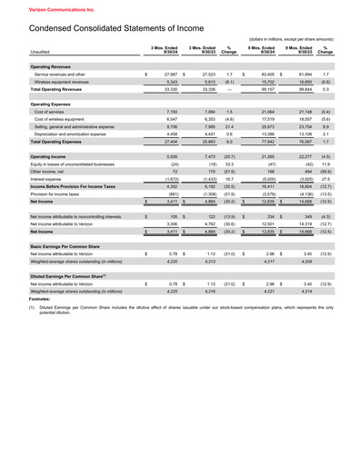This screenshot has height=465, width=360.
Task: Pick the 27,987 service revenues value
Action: coord(169,74)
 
